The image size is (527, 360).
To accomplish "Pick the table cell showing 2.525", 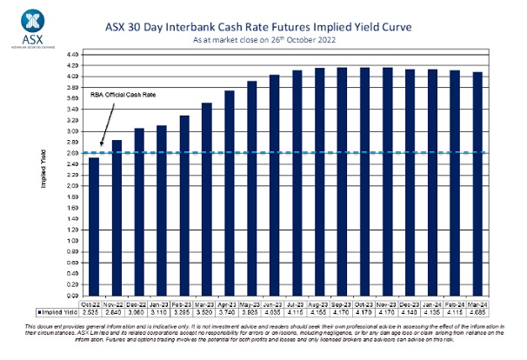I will click(94, 310).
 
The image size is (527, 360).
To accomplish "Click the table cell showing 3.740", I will click(230, 310).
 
